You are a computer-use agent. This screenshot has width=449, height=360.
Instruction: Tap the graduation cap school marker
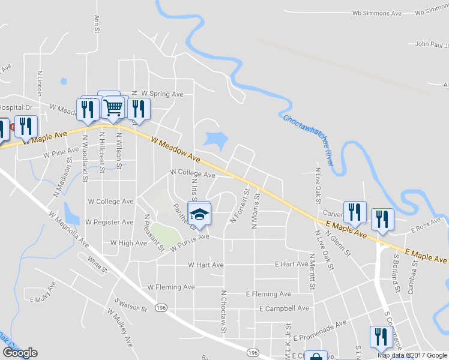[x=200, y=214]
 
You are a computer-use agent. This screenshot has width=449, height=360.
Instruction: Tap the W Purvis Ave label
[x=189, y=241]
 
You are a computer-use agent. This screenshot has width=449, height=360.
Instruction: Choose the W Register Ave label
[x=109, y=222]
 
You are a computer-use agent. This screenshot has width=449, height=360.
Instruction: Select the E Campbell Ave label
[x=284, y=308]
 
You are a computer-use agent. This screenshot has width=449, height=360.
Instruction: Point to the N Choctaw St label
[x=223, y=311]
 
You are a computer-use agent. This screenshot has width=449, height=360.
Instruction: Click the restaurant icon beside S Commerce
[x=380, y=337]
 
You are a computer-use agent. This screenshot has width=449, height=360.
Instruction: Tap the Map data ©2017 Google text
[x=412, y=355]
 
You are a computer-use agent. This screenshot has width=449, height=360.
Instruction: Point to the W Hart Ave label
[x=206, y=265]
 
